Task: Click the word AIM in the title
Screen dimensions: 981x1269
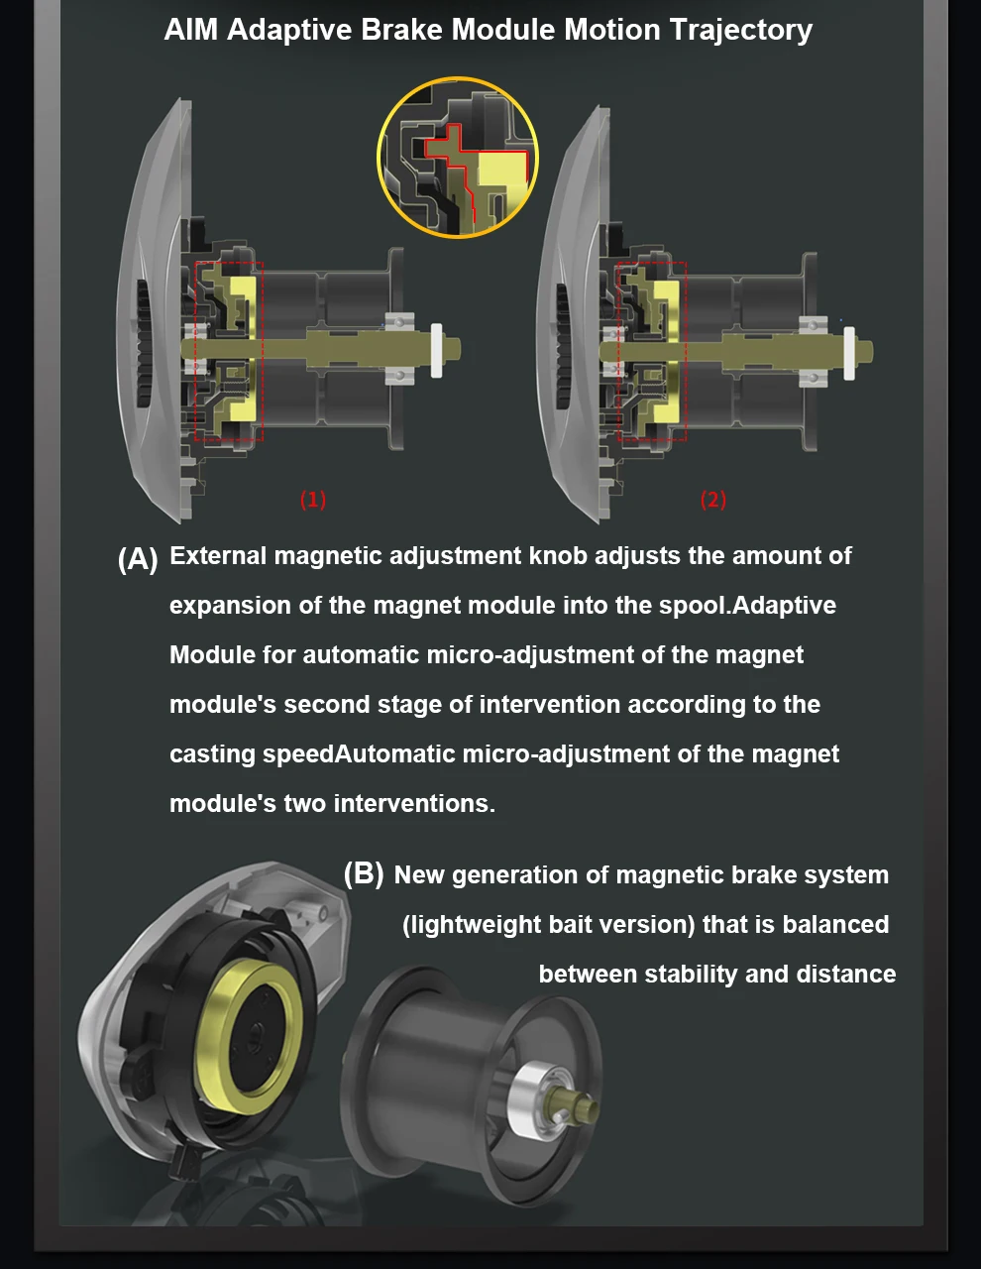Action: (x=191, y=29)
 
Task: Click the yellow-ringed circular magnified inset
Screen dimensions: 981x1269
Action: (x=458, y=157)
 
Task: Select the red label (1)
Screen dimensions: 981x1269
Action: (x=313, y=500)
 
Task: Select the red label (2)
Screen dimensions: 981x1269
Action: (x=713, y=500)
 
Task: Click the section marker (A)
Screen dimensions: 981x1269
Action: (x=138, y=559)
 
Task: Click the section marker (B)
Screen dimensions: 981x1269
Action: (x=364, y=874)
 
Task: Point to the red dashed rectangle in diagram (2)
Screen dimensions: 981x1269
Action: (x=618, y=351)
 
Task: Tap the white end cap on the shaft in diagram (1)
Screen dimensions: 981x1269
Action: (x=436, y=350)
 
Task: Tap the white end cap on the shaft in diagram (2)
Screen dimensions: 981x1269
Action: (x=849, y=353)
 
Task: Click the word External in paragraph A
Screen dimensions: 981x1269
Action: (x=218, y=555)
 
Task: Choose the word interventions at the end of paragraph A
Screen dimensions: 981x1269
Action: (x=414, y=804)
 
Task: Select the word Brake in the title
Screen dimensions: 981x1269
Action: (x=401, y=29)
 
